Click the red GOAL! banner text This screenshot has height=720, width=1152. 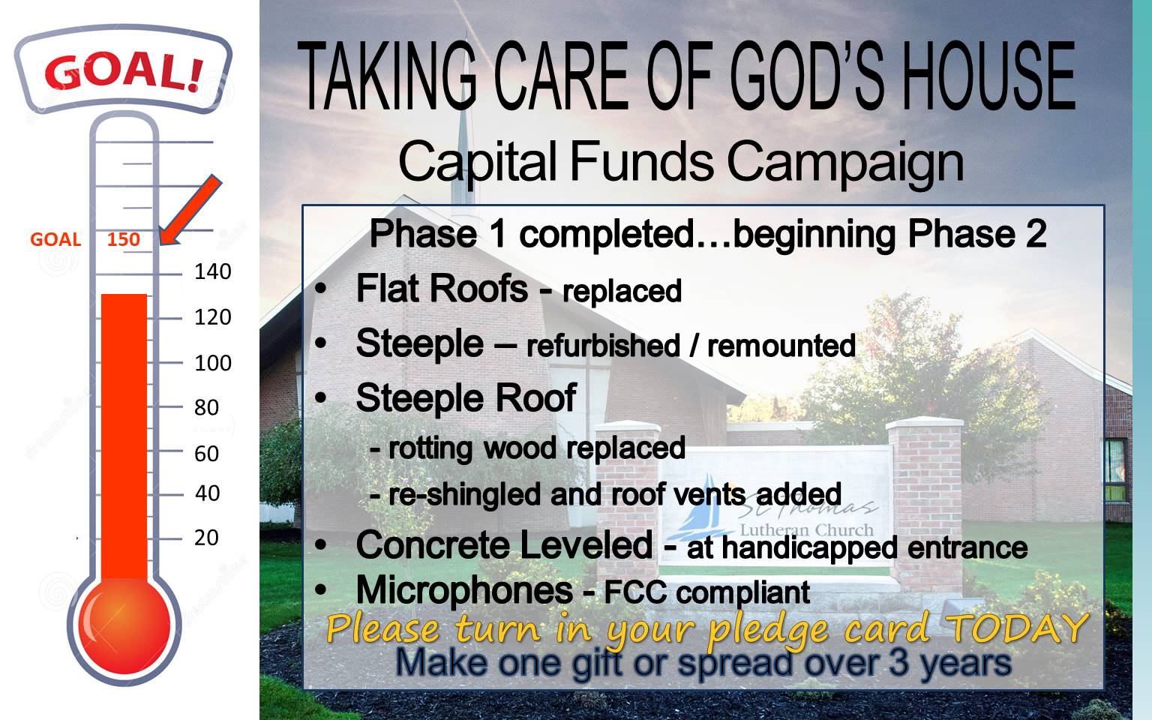click(x=124, y=71)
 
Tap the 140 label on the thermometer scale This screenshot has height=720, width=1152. click(x=212, y=271)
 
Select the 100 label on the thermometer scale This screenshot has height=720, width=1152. click(x=212, y=363)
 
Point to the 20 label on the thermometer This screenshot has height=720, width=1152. click(x=206, y=538)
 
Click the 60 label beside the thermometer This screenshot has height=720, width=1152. click(x=206, y=454)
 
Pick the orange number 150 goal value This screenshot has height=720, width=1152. click(x=124, y=239)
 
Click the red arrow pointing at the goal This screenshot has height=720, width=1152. click(x=190, y=210)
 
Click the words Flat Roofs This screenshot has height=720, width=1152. click(x=442, y=288)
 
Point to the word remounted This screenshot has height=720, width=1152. click(x=781, y=345)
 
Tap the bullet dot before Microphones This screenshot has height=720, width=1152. click(x=321, y=590)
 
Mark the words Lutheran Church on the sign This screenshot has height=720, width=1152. click(x=806, y=529)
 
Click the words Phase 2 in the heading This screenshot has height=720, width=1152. click(x=977, y=234)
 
